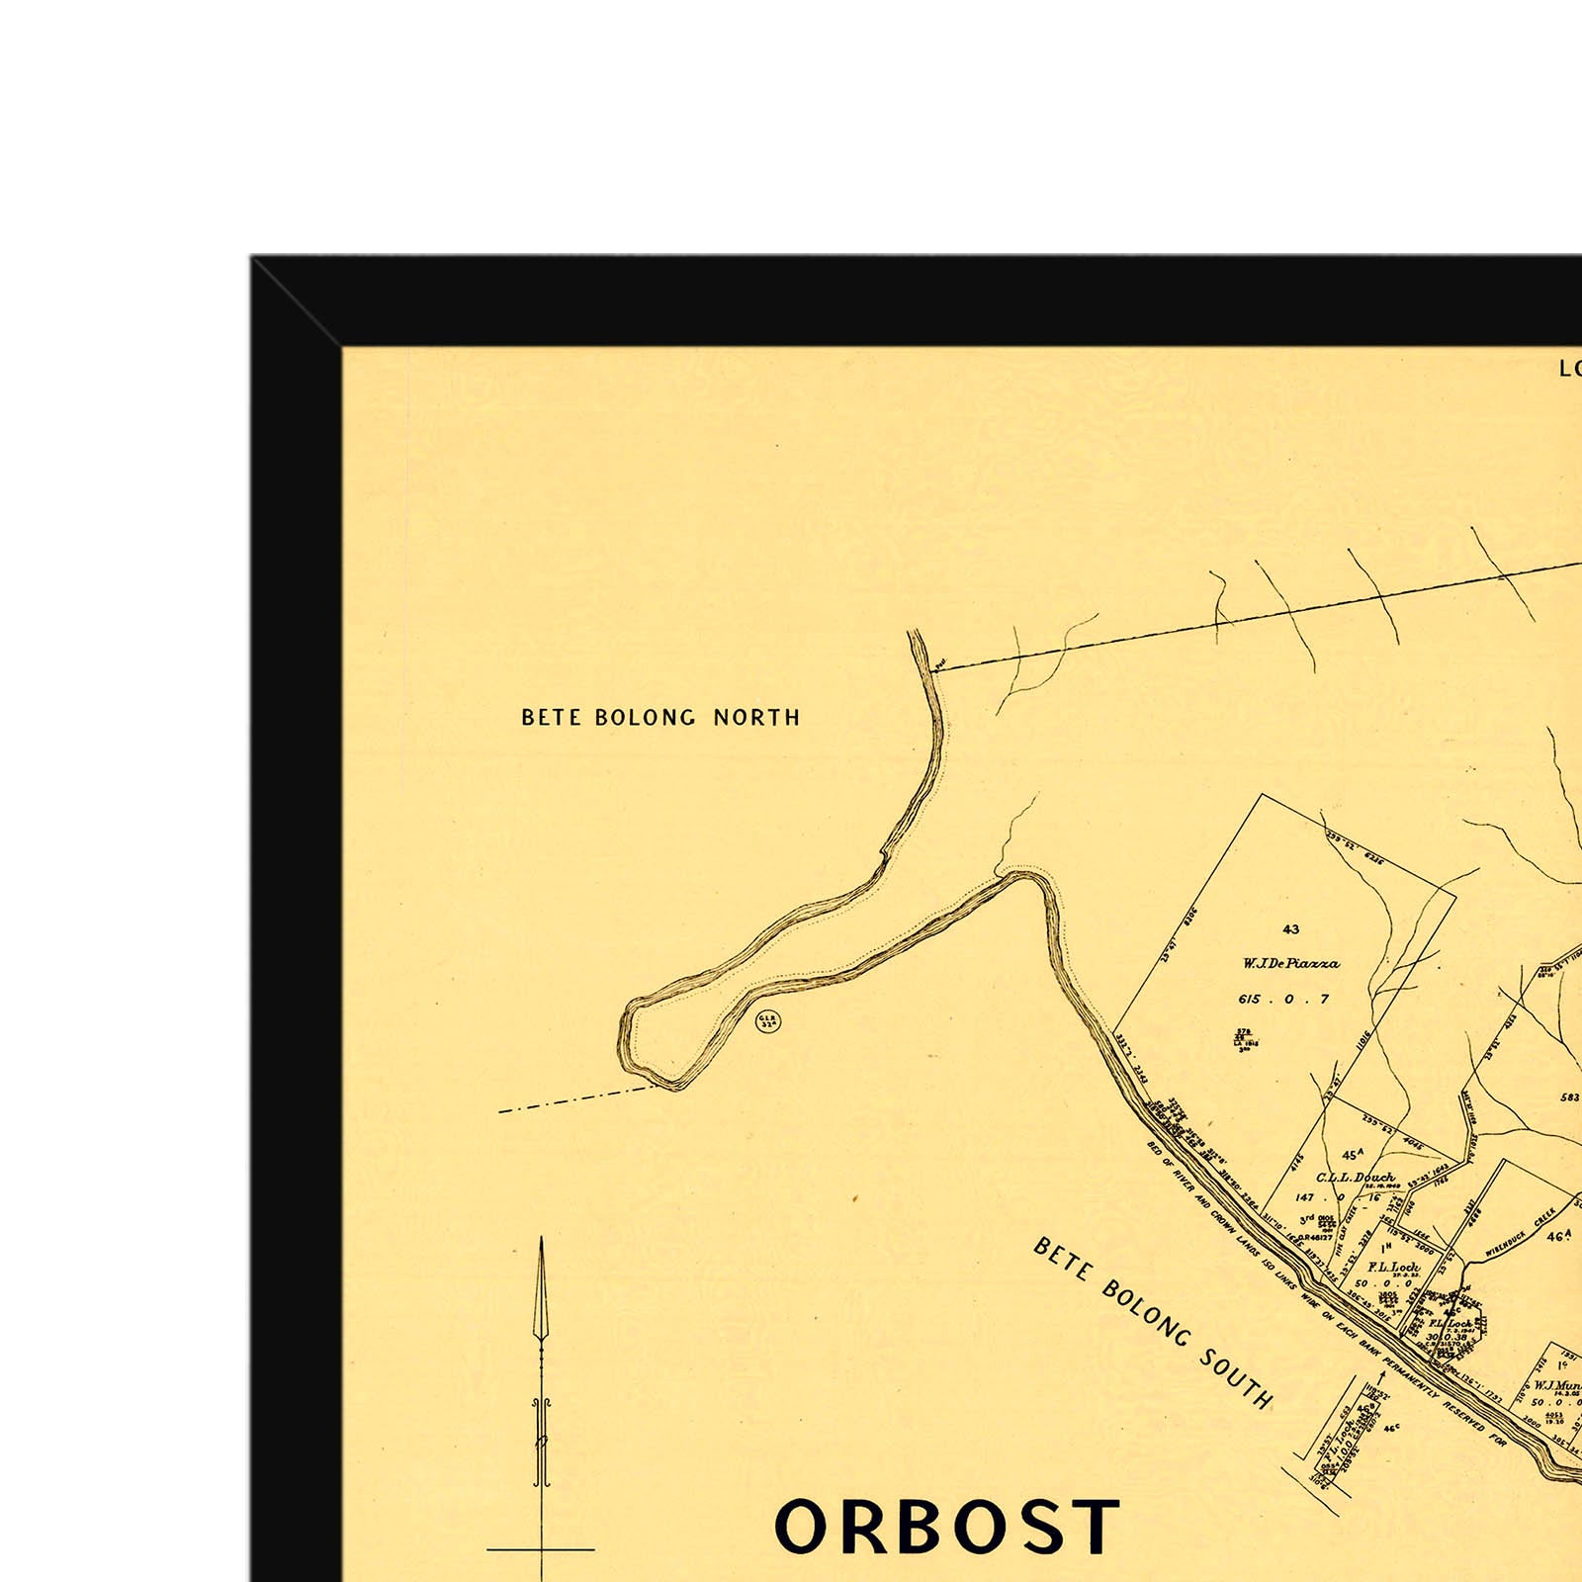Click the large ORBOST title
(x=946, y=1528)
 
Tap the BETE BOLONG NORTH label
(x=660, y=718)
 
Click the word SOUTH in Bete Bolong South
(x=1236, y=1375)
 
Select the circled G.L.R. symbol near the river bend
(x=768, y=1021)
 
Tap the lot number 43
(x=1290, y=929)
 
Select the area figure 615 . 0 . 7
(x=1283, y=1000)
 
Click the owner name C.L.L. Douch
(x=1355, y=1178)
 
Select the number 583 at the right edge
(x=1570, y=1098)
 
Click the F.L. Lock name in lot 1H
(x=1393, y=1268)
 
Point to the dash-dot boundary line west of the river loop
(x=573, y=1100)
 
